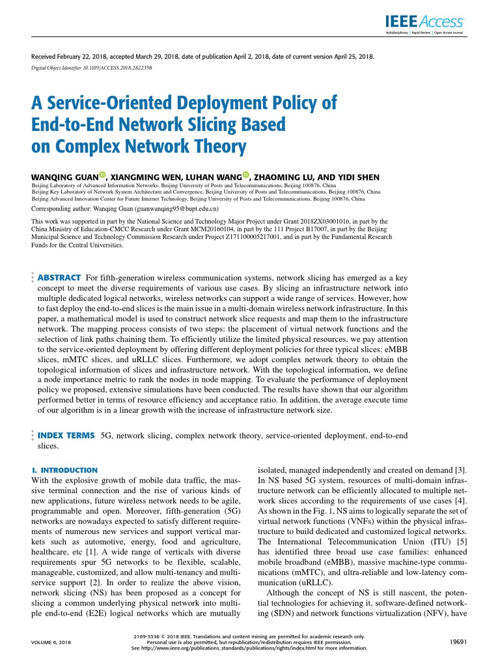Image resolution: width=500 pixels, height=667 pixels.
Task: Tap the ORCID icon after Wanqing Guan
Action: (x=103, y=175)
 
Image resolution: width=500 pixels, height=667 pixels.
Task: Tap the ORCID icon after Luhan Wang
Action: (x=245, y=175)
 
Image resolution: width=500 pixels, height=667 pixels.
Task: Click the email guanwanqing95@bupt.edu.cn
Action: (x=176, y=210)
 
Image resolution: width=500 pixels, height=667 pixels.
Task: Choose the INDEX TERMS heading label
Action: (x=65, y=434)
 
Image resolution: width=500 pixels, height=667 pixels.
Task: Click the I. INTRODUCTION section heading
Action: (x=64, y=470)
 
